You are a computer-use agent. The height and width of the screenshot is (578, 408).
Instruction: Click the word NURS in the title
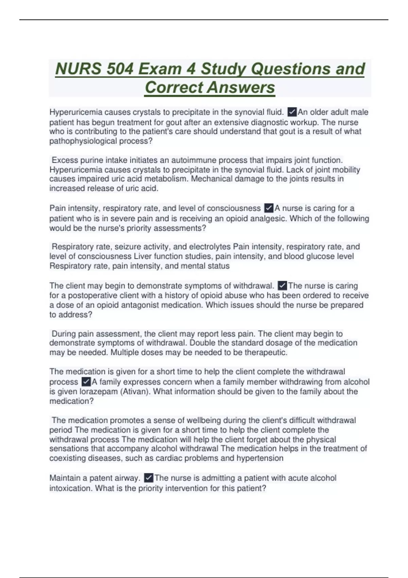78,69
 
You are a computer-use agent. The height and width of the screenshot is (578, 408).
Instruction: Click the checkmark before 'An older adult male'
292,112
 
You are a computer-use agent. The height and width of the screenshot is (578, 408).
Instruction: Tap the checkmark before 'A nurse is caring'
269,208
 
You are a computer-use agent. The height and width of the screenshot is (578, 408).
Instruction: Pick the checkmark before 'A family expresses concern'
86,382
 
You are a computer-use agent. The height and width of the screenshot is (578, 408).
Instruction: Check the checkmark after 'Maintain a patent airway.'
149,478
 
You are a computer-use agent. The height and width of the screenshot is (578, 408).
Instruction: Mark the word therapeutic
265,353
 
